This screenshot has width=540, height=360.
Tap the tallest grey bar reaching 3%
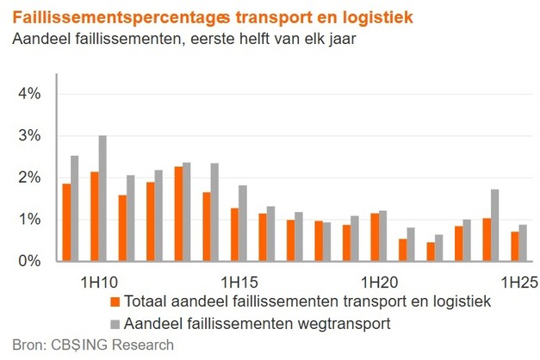102,198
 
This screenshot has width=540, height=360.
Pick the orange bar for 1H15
233,234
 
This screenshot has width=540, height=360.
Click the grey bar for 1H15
243,223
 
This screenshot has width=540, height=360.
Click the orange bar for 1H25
514,246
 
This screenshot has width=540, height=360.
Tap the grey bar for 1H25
523,243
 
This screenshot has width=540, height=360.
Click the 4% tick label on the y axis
30,93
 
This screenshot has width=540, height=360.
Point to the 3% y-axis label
30,135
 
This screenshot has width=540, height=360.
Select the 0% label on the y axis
30,261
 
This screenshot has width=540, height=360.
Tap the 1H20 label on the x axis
379,282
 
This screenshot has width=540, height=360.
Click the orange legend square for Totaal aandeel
115,302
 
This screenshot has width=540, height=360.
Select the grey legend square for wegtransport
115,323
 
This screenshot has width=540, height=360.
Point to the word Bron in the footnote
24,345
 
